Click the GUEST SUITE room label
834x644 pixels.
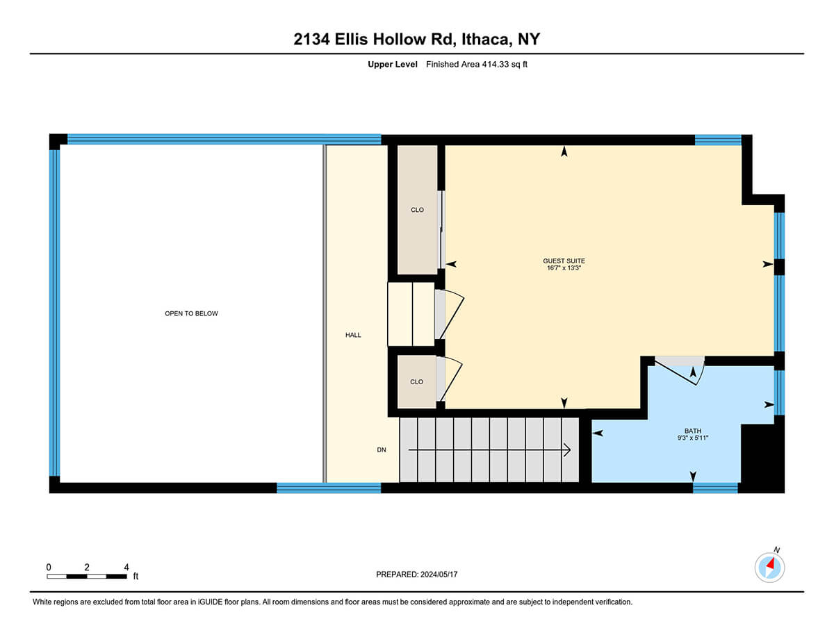pos(564,261)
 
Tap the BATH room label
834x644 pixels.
pos(693,431)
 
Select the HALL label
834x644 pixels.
pos(353,335)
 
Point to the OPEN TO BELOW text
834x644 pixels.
pos(191,313)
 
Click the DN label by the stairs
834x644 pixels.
pos(381,449)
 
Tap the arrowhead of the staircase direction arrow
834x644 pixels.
pos(567,450)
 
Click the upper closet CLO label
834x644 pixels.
pos(417,210)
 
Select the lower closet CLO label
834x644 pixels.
pos(416,381)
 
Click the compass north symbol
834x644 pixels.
pos(769,567)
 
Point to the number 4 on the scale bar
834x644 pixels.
pos(126,567)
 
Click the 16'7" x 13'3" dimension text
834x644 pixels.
pos(564,267)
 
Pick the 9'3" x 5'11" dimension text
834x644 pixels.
pos(693,438)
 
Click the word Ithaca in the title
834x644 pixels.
pos(486,40)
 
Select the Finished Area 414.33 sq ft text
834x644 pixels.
pos(476,65)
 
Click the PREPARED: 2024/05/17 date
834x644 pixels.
pos(416,575)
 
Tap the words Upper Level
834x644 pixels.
pos(392,65)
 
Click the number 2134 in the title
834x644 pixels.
pos(311,39)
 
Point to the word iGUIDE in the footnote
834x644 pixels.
pos(210,602)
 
